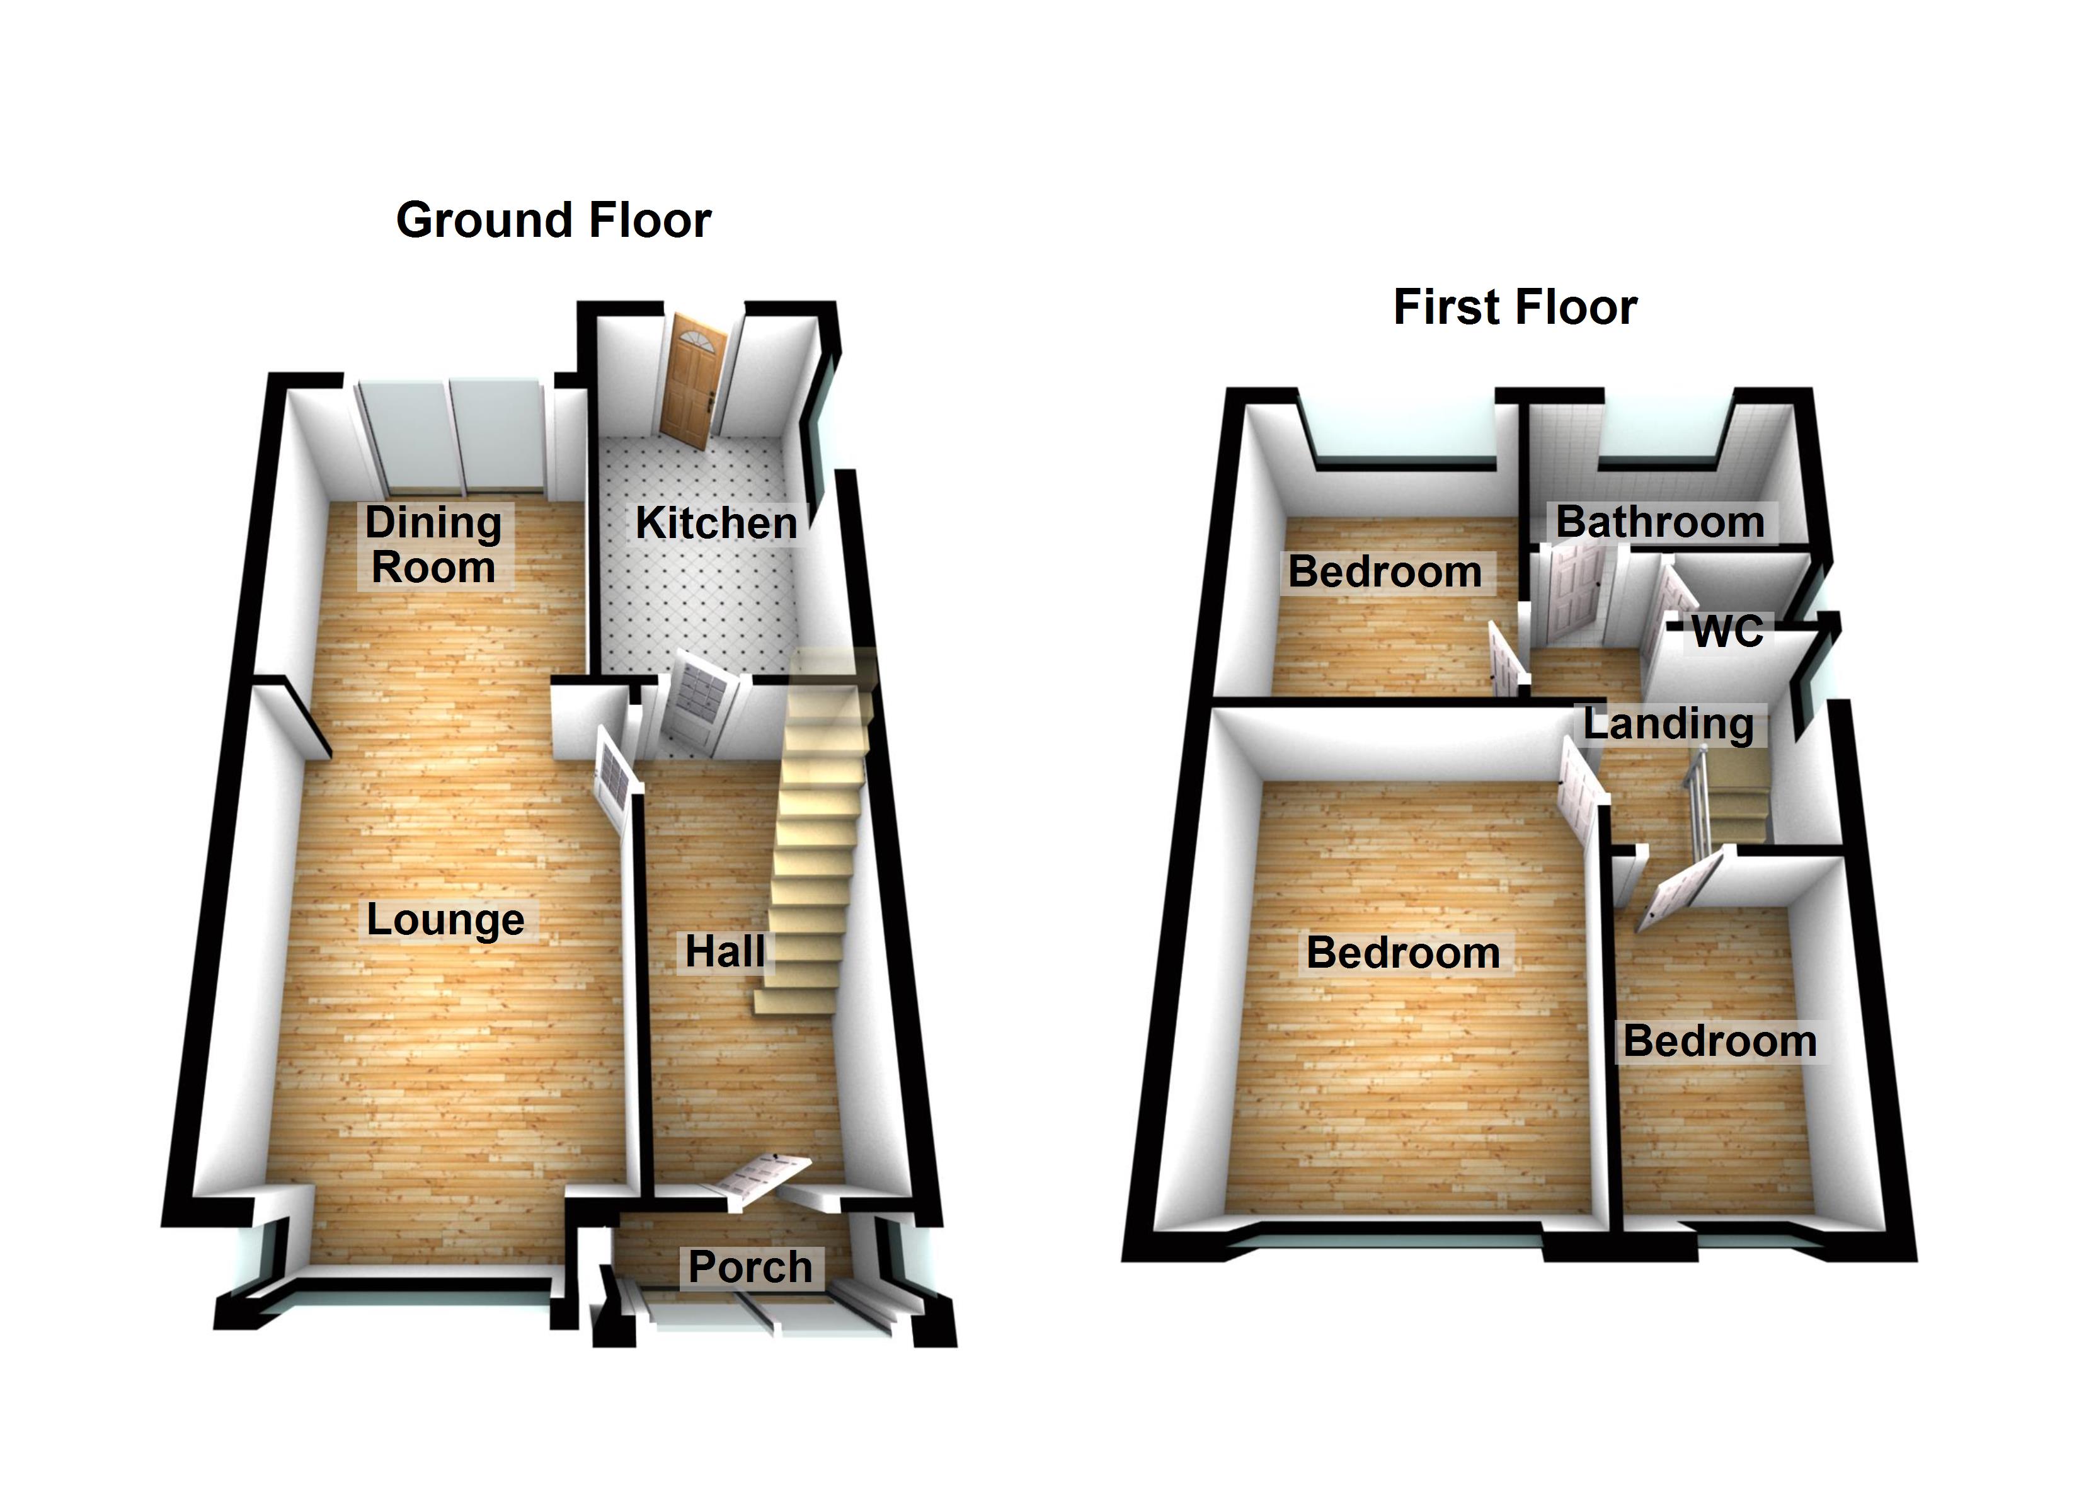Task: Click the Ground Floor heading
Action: coord(554,221)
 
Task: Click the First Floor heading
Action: coord(1515,307)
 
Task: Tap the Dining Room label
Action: coord(433,545)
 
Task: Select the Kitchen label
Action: coord(716,524)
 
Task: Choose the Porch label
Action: coord(750,1267)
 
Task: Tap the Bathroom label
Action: coord(1660,522)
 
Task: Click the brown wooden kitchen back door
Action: coord(694,380)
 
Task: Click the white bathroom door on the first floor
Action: coord(1574,592)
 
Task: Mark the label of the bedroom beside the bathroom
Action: coord(1385,572)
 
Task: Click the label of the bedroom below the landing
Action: coord(1720,1041)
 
